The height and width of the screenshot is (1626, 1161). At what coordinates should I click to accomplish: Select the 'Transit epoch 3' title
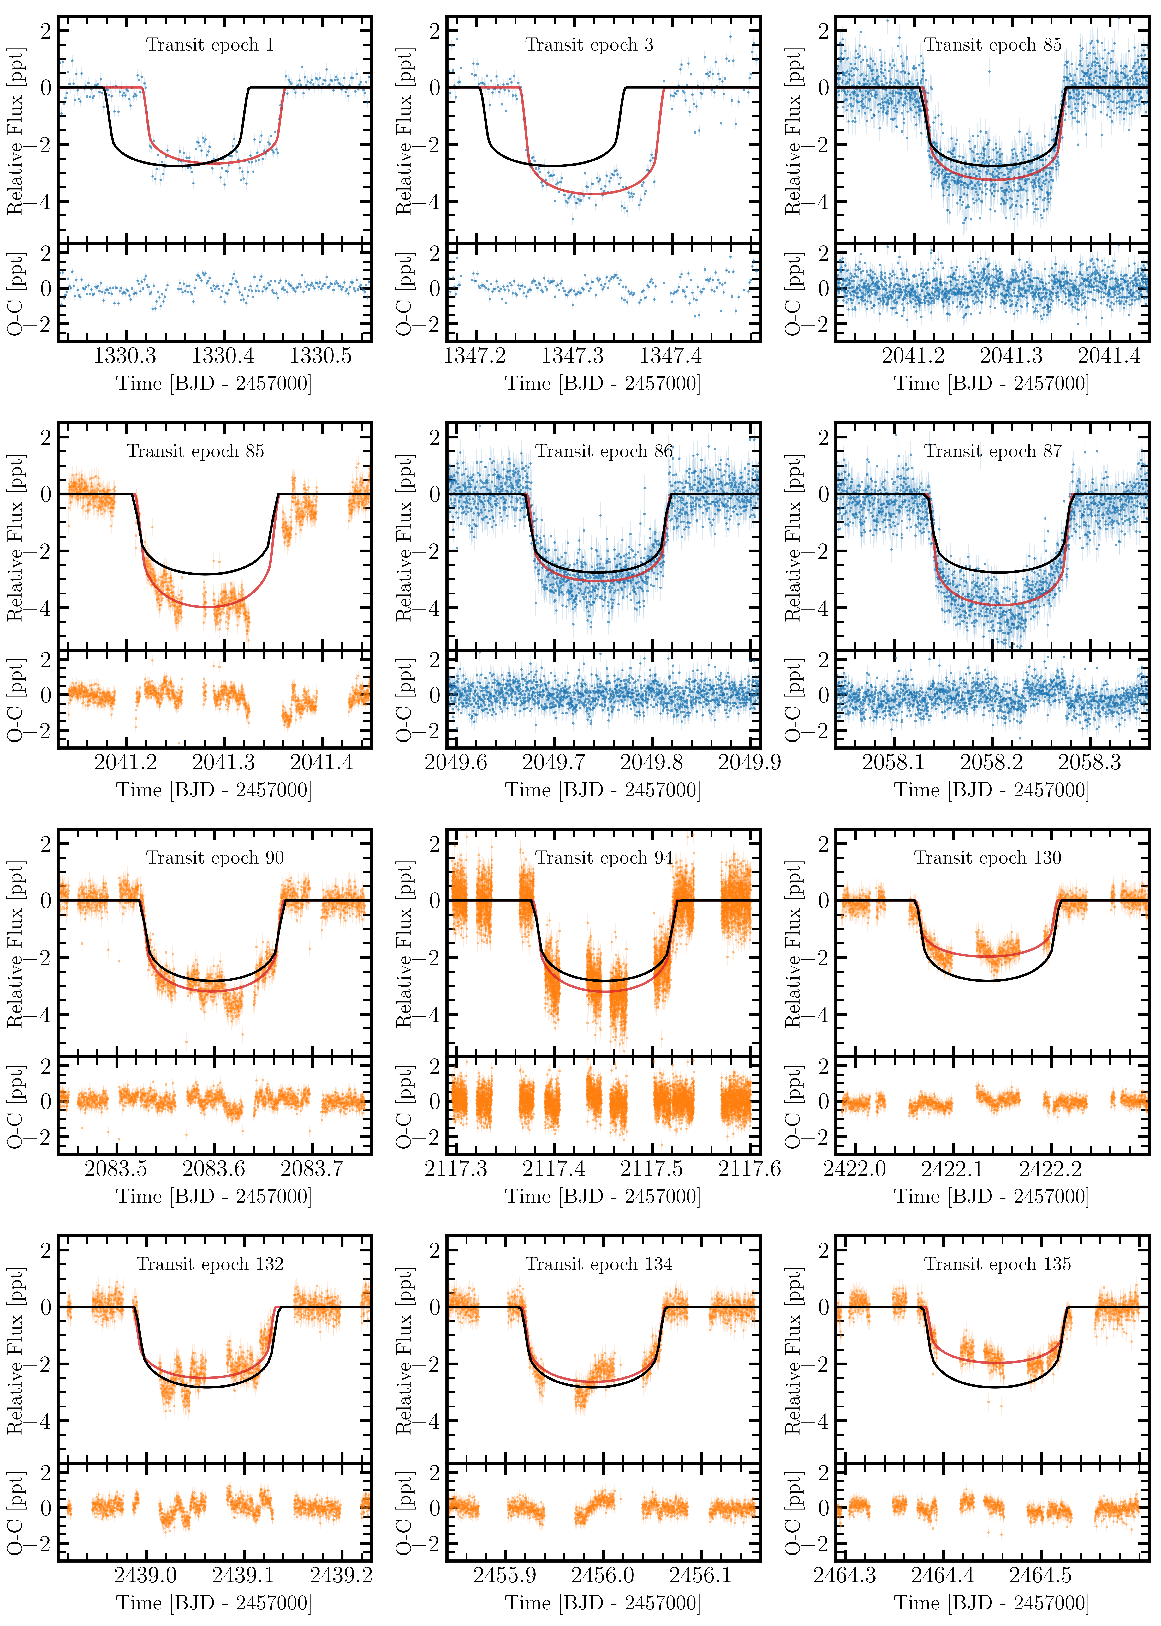point(589,45)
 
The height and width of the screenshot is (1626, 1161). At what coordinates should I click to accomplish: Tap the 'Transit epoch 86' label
point(604,451)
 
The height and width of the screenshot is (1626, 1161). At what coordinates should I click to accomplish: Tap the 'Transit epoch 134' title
point(599,1264)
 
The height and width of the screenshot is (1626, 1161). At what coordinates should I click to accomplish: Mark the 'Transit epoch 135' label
point(997,1264)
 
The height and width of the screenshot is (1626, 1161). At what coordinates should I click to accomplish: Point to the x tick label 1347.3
point(572,355)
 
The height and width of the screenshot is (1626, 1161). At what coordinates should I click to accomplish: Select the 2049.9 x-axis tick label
point(749,762)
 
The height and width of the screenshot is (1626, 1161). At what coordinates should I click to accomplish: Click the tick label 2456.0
point(603,1575)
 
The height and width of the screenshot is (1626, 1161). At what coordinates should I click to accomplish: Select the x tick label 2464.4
point(943,1575)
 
